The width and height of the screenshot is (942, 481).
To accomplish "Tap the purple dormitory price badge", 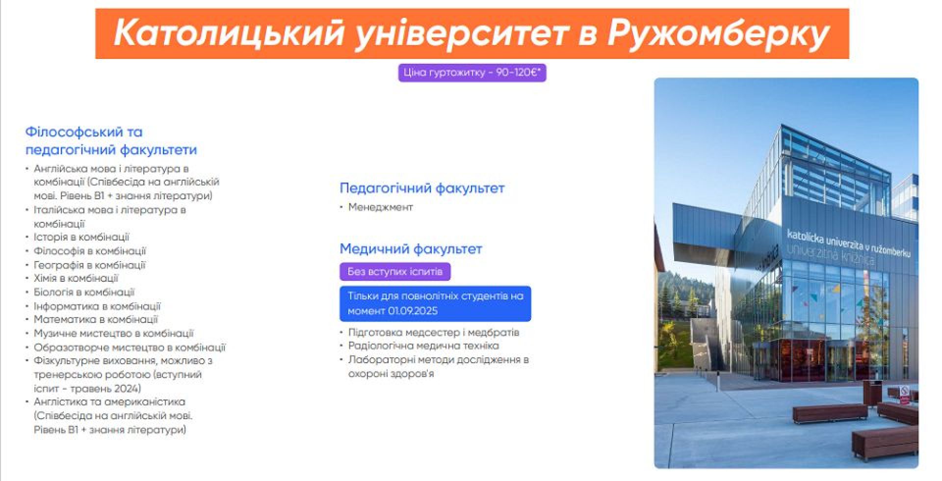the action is coord(472,73).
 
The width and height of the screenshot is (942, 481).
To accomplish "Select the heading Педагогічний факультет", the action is coord(422,188).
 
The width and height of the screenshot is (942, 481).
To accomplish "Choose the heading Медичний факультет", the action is coord(411,249).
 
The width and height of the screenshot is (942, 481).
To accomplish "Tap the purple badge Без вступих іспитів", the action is coord(395,271).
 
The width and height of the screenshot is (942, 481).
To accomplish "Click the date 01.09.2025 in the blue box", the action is coord(413,311).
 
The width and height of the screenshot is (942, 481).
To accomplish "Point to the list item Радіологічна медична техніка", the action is coord(423,346).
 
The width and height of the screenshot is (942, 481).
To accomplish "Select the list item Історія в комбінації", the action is coord(81,237).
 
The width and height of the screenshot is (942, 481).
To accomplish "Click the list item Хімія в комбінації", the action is coord(76,278).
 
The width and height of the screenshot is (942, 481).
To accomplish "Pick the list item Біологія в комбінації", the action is coord(84,292).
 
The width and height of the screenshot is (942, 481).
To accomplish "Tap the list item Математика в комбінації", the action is coord(96,320).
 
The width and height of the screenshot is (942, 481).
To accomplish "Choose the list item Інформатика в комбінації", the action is coord(97,306).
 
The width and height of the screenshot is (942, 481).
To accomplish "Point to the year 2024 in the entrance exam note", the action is coord(128,389).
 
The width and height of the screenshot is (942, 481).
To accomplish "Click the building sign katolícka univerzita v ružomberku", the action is coord(848,242).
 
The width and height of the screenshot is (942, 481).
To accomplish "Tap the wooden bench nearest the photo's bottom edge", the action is coord(885,440).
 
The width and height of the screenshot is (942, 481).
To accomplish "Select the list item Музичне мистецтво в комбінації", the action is coord(114,333).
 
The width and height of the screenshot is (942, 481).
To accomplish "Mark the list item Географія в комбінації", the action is coord(90,265).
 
